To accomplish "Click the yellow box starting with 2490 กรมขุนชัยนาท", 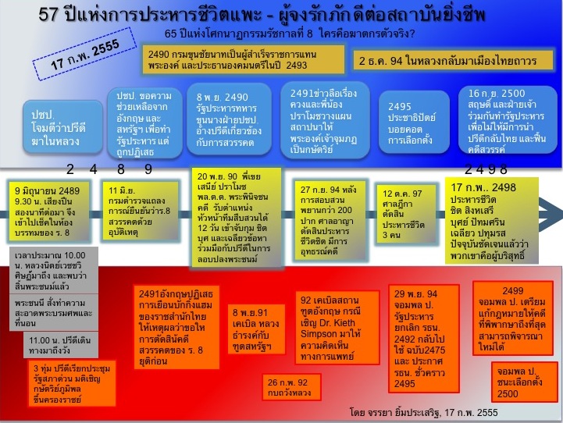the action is pyautogui.click(x=244, y=59).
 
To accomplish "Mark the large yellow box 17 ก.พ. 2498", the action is pyautogui.click(x=497, y=210).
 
